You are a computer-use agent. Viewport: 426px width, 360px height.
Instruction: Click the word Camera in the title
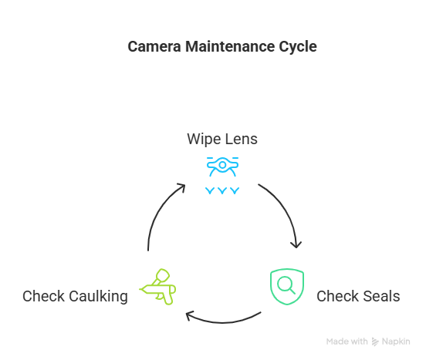tap(154, 46)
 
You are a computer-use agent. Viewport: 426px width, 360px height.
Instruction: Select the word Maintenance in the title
tap(230, 46)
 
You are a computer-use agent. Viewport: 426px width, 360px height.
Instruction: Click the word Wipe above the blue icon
tap(204, 140)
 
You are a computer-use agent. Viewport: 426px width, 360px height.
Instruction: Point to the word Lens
tap(242, 140)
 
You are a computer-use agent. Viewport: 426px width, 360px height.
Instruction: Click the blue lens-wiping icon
tap(222, 176)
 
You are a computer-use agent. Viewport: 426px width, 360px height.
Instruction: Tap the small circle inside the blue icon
tap(222, 165)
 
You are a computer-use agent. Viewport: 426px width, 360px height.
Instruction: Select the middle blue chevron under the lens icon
tap(222, 190)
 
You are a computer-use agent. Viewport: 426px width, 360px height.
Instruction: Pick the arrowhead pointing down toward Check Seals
tap(296, 245)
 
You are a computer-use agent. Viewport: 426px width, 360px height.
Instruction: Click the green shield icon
tap(287, 287)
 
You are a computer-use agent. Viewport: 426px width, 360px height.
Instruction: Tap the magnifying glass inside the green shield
tap(286, 285)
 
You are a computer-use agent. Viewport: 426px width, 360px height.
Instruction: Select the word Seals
tap(381, 296)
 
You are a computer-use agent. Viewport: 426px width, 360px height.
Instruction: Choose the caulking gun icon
tap(158, 287)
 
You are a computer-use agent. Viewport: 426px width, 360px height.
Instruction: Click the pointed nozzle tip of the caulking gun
tap(140, 290)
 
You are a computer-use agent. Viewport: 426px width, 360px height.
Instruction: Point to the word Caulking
tap(98, 297)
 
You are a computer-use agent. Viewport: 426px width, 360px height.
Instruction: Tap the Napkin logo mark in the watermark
tap(375, 341)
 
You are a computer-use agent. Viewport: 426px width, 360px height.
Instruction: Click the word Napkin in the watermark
tap(396, 341)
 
